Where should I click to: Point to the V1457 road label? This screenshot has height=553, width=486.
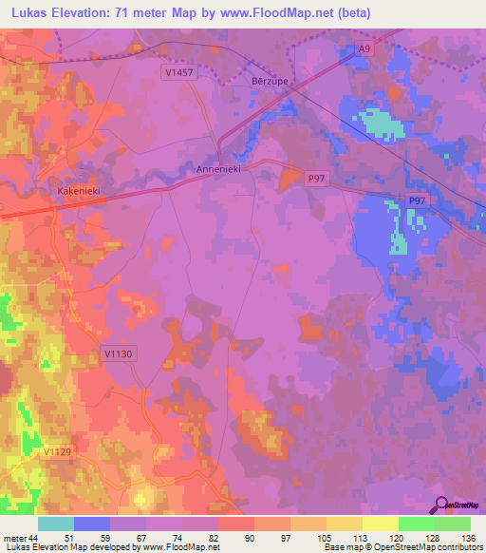pyautogui.click(x=178, y=72)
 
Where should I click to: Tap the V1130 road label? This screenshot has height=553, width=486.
pyautogui.click(x=117, y=353)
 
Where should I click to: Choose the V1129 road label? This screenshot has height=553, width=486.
pyautogui.click(x=60, y=453)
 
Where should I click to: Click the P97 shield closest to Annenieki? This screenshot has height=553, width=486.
pyautogui.click(x=316, y=178)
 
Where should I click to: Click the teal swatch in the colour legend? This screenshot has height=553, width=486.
pyautogui.click(x=56, y=524)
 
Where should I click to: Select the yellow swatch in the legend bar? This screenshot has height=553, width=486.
pyautogui.click(x=380, y=524)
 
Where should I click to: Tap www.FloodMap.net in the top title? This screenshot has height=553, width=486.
pyautogui.click(x=281, y=13)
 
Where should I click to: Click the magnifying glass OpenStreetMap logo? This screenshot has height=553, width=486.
pyautogui.click(x=439, y=505)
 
